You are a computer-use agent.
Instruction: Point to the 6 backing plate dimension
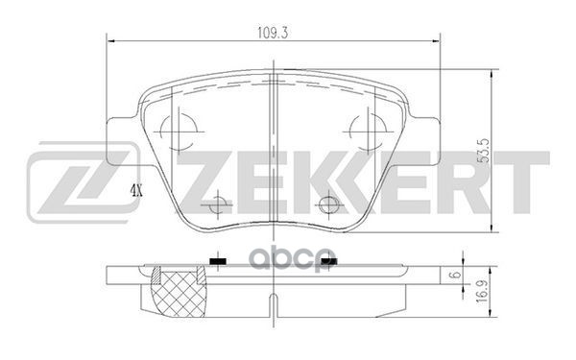point(486,276)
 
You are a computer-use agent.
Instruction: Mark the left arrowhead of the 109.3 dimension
point(108,40)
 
